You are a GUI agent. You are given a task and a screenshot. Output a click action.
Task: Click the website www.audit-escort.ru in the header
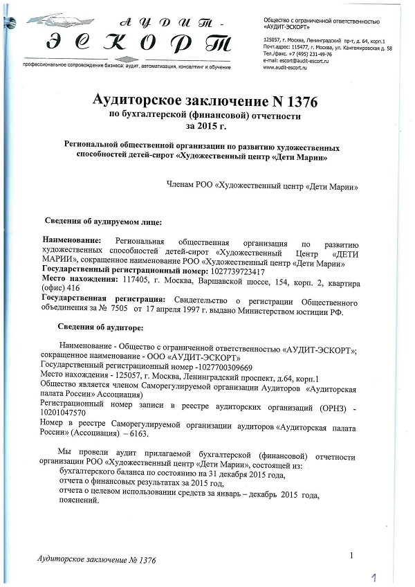[285, 67]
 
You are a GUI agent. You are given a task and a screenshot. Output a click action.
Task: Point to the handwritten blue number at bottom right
[374, 576]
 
